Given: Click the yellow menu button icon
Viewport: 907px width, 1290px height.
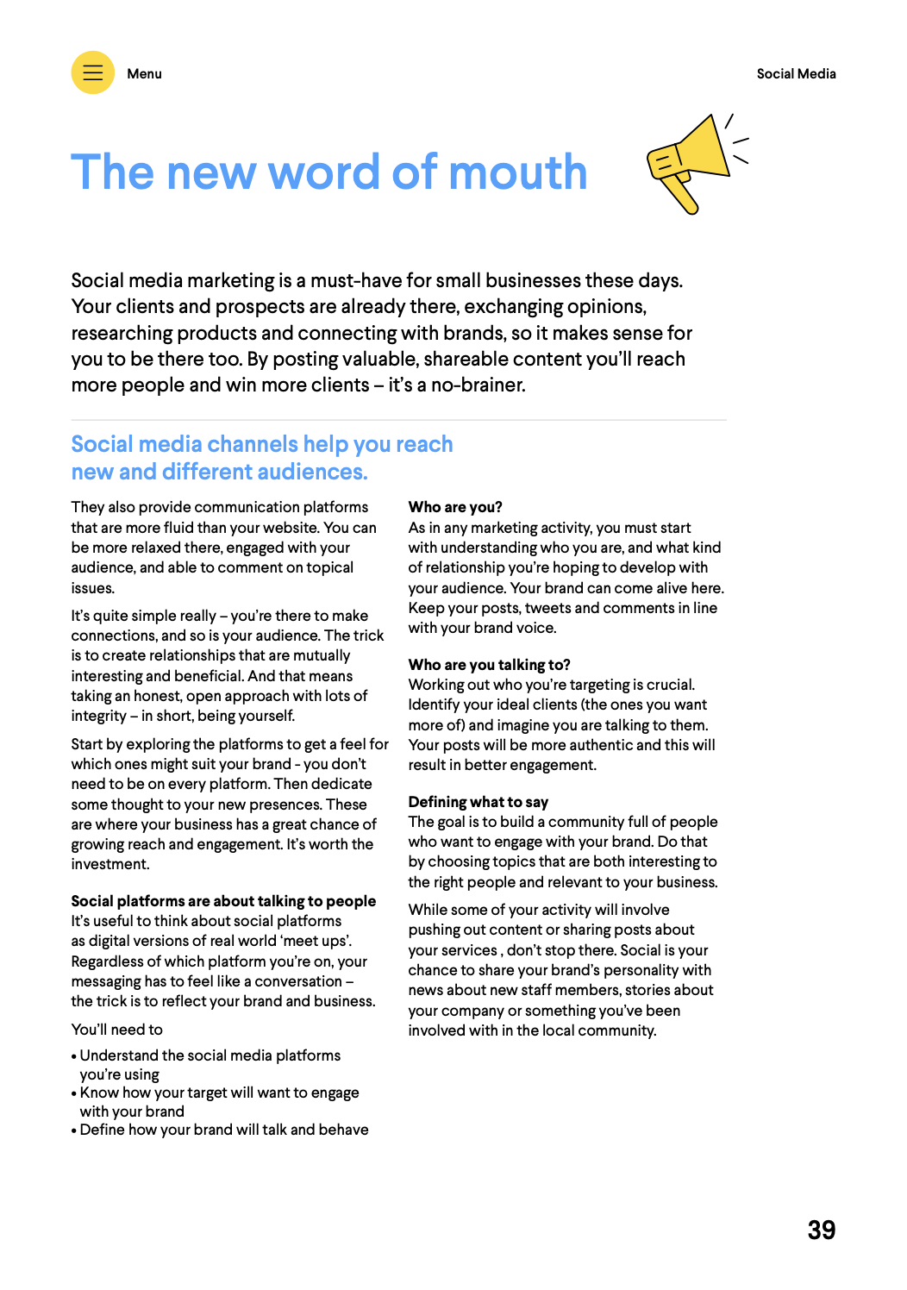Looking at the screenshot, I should tap(92, 72).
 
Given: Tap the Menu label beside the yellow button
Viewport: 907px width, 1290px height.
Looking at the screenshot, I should tap(144, 74).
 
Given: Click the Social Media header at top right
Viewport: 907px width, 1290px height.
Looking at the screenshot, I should tap(796, 74).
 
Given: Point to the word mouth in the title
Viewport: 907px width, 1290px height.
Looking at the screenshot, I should tap(517, 172).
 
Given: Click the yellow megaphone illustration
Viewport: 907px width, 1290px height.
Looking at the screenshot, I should tap(692, 162).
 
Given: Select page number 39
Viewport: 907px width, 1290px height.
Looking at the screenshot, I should tap(821, 1230).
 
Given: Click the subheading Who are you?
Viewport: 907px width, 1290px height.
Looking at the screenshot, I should tap(455, 507).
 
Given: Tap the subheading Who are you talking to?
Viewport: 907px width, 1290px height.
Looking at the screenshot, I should tap(489, 665).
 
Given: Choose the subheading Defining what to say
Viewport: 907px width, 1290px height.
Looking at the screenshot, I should tap(478, 802).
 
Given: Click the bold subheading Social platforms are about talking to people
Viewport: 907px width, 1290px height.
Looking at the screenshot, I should tap(223, 901).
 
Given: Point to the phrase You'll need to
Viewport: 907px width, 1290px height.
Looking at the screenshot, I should tap(116, 1030).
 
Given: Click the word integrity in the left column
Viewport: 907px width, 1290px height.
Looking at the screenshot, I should tap(98, 716).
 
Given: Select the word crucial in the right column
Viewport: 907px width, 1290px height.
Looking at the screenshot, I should tap(665, 685).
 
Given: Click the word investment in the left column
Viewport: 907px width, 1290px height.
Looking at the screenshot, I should tap(109, 864).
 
